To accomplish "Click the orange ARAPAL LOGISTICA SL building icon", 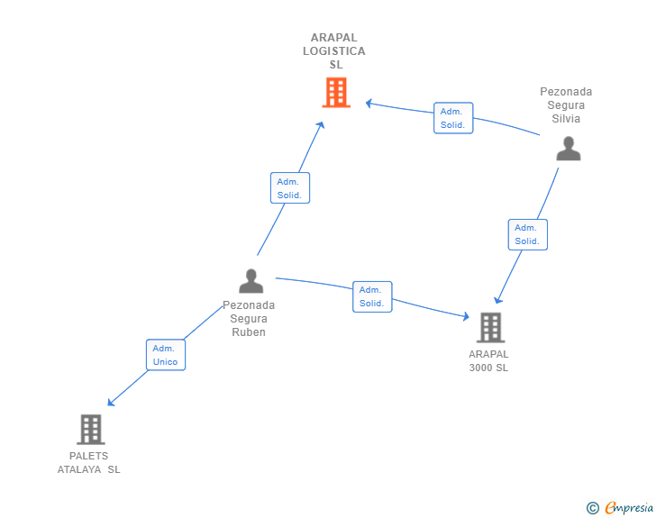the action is coord(336,93).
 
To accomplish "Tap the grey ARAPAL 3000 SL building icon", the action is coord(491,328).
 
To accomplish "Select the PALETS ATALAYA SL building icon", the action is coord(91,430).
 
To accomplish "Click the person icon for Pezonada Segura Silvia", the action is coord(569,149).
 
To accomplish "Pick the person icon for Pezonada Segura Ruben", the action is coord(251,281).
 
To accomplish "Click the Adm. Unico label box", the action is coord(166,355).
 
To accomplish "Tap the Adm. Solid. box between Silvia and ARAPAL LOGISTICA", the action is coord(453,118).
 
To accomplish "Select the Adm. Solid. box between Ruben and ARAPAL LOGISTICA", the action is coord(290,188).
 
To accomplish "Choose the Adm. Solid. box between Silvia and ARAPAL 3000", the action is coord(527,235).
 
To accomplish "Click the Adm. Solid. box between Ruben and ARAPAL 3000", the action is coord(372,296).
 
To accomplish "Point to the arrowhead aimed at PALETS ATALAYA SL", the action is coord(111,403).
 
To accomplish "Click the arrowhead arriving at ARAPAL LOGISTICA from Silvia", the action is coord(369,103).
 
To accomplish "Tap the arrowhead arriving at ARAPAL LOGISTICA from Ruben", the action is coord(321,124).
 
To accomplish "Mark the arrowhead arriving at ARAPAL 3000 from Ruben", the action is coord(466,316).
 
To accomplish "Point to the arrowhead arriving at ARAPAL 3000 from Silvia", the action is coord(497,300).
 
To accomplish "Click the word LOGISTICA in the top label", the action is coord(333,51).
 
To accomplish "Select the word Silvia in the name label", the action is coord(566,119).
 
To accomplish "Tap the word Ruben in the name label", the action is coord(249,332).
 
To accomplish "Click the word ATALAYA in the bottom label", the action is coord(79,469).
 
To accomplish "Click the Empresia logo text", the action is coord(629,508).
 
